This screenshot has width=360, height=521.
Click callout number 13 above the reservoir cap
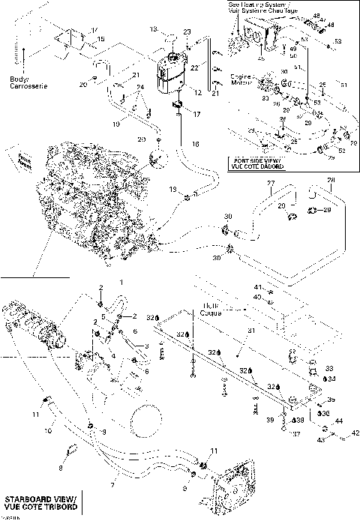152,29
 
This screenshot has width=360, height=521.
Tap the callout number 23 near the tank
187,31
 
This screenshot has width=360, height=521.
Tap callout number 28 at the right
331,181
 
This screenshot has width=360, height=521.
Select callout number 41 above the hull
256,287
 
